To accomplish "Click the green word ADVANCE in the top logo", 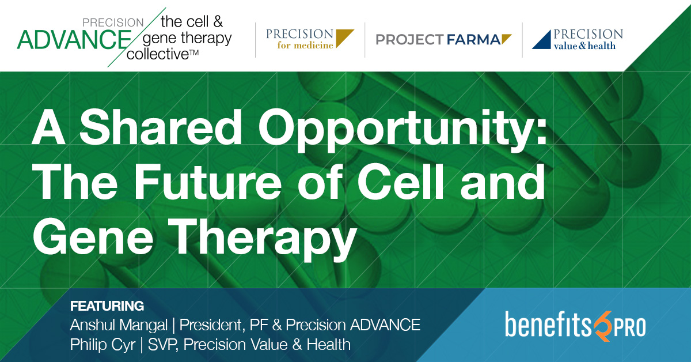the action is point(74,40).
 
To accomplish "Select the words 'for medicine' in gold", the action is point(305,46).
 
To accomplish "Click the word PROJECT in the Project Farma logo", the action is point(409,40).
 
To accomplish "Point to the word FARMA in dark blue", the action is point(473,40).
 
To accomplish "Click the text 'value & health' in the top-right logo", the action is point(584,46).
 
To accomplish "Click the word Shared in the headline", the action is point(161,127).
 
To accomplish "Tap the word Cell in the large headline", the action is point(400,182).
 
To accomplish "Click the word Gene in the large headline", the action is point(93,236).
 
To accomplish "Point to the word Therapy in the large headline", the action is point(262,240).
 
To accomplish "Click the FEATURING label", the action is point(107,306).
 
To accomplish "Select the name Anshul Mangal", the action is point(119,325).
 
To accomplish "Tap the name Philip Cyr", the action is point(102,345).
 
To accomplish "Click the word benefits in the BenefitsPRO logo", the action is point(548,324).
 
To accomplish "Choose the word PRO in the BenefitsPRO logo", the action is point(629,328).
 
